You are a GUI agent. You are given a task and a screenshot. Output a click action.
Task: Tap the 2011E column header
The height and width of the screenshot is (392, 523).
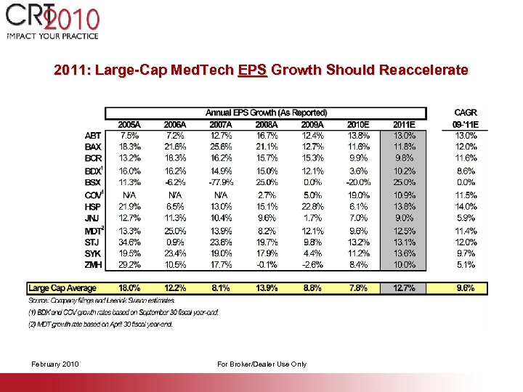[404, 124]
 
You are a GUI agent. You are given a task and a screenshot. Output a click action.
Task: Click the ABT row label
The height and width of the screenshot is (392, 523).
[92, 135]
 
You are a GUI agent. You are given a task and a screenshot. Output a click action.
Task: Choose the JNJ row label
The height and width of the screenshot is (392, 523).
[92, 217]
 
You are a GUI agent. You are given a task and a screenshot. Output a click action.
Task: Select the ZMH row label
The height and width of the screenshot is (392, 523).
[93, 265]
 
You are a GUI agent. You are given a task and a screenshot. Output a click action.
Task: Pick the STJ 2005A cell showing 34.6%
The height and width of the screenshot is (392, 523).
[129, 242]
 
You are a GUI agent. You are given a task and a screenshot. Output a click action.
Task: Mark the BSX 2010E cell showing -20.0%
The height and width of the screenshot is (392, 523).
[357, 182]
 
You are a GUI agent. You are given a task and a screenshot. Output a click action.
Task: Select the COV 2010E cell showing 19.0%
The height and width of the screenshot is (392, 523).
[357, 195]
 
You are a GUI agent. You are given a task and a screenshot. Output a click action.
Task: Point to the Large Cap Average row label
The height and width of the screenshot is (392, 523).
[62, 288]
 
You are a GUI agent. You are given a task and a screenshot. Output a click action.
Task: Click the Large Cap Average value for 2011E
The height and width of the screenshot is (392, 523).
[404, 288]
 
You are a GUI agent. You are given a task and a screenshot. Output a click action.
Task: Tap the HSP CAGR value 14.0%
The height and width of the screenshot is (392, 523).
[465, 206]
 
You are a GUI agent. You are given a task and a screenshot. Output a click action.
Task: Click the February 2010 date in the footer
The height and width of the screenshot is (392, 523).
[55, 364]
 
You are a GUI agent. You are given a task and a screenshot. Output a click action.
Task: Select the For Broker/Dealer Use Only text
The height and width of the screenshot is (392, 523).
[261, 364]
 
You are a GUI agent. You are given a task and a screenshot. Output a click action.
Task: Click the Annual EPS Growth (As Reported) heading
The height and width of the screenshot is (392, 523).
[266, 113]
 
